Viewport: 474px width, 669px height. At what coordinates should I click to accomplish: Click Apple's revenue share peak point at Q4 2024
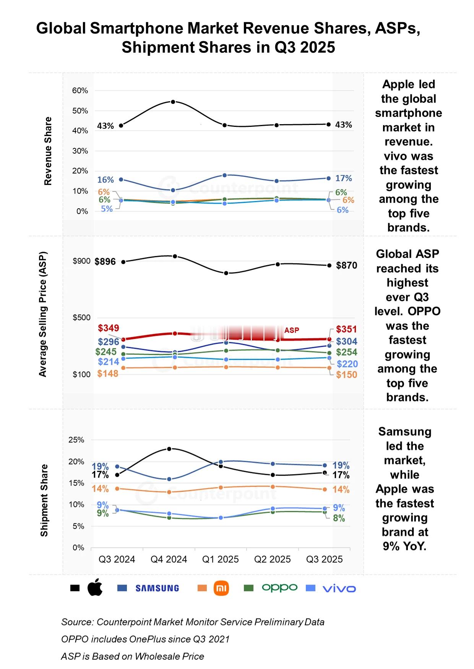(x=173, y=102)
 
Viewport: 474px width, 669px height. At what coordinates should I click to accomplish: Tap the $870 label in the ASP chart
(x=346, y=266)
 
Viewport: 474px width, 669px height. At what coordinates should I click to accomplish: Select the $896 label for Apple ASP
(x=105, y=262)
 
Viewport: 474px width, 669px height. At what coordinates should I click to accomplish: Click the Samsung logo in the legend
(x=157, y=588)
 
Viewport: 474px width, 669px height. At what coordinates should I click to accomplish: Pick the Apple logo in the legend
(x=95, y=588)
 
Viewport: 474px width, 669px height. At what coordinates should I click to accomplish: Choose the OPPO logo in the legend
(x=279, y=588)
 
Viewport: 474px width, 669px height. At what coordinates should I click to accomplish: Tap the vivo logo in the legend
(x=339, y=588)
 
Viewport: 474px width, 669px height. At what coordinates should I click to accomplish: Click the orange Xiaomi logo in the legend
(x=221, y=588)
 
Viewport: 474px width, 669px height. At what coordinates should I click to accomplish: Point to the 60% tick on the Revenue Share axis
(x=80, y=91)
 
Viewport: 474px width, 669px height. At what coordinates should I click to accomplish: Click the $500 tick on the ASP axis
(x=81, y=317)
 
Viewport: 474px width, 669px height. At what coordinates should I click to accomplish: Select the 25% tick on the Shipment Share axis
(x=76, y=440)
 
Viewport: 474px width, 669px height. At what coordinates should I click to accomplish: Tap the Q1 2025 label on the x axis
(x=220, y=559)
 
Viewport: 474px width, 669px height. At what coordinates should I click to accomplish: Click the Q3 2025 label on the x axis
(x=324, y=559)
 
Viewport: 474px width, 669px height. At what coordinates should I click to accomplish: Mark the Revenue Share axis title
(x=48, y=151)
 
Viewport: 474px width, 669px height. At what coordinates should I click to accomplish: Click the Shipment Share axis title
(x=44, y=501)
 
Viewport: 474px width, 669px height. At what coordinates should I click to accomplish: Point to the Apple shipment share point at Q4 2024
(x=169, y=449)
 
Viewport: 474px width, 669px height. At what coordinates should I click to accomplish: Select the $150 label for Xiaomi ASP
(x=346, y=375)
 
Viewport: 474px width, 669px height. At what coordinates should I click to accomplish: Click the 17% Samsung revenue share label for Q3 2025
(x=343, y=178)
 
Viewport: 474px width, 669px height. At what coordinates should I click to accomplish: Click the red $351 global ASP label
(x=346, y=329)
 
